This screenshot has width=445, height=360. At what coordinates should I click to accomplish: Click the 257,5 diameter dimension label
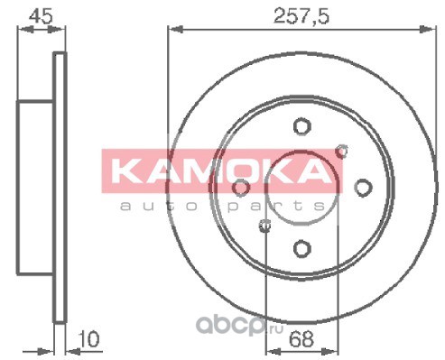(x=301, y=16)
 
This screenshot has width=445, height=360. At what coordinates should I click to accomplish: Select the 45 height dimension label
(x=41, y=16)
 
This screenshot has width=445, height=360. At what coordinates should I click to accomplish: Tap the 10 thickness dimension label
(x=88, y=339)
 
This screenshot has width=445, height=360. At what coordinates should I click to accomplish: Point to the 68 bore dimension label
(x=301, y=339)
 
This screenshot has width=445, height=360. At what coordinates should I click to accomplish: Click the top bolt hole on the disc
(x=301, y=126)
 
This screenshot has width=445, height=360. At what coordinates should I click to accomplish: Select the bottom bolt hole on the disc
(x=301, y=249)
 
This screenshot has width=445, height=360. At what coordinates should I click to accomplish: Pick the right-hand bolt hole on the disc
(x=363, y=188)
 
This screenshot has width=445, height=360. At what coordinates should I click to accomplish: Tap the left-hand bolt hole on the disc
(x=241, y=188)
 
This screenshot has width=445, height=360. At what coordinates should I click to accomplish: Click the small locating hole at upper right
(x=342, y=151)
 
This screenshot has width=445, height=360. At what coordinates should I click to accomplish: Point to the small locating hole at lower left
(x=264, y=226)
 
